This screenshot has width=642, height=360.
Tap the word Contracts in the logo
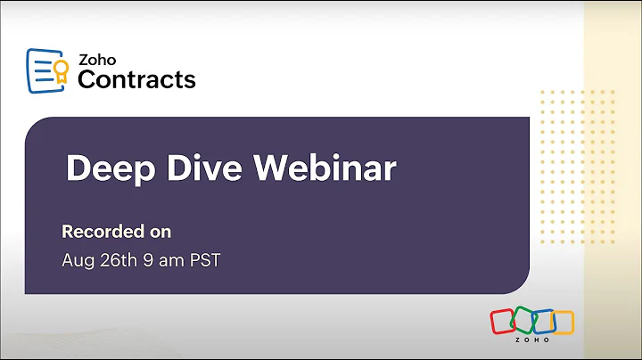tap(136, 80)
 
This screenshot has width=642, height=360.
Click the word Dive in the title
tap(200, 168)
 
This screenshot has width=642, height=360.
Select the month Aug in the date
tap(77, 261)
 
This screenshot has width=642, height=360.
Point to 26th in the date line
tap(119, 261)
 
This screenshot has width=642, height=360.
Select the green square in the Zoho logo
tap(524, 322)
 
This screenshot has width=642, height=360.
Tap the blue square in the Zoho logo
tap(544, 322)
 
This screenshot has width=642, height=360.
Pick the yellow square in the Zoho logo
tap(564, 322)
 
